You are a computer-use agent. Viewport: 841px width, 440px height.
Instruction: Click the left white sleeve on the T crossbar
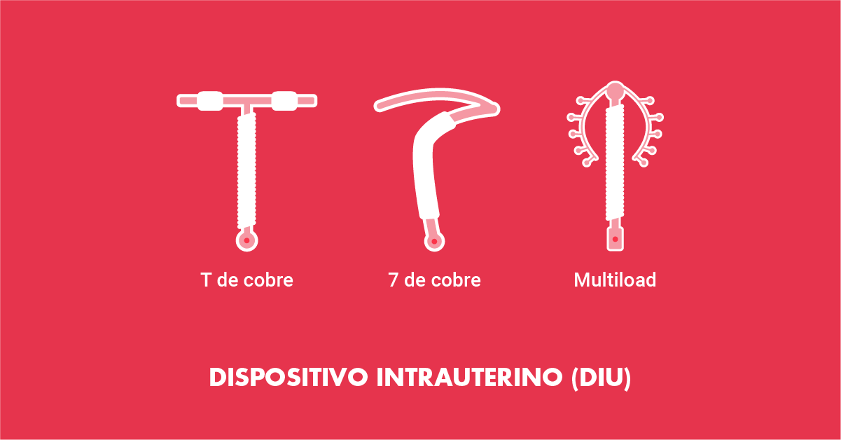pos(210,101)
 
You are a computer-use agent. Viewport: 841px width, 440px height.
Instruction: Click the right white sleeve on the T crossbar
pos(284,101)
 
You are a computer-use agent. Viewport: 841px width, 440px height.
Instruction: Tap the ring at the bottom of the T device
pos(246,240)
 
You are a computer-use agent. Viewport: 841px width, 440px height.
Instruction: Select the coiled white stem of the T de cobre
pos(246,170)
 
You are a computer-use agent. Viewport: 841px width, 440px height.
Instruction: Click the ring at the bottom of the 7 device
pos(434,241)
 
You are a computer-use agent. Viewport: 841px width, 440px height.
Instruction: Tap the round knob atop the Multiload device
pos(615,91)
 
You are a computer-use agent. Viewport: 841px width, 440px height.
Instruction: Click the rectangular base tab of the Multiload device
pos(615,239)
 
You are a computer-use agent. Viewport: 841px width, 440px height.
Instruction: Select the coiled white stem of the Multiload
pos(615,163)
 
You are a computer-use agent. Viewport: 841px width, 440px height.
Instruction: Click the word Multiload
pos(615,280)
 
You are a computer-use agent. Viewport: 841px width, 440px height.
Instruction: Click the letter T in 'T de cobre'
pos(206,280)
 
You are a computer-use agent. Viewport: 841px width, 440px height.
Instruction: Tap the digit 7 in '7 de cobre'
pos(393,280)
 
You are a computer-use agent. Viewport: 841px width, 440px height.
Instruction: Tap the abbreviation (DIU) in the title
pos(601,378)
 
